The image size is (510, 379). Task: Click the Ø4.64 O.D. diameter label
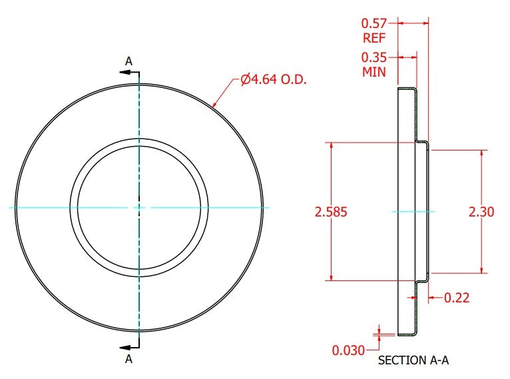tap(274, 79)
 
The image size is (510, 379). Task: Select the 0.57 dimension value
tap(374, 23)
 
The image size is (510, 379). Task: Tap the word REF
tap(374, 38)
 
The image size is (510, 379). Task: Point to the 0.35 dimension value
tap(374, 57)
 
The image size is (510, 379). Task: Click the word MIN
tap(374, 72)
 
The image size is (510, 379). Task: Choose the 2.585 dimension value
tap(331, 212)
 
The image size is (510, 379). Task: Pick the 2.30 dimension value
tap(481, 212)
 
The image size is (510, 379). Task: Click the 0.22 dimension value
tap(457, 298)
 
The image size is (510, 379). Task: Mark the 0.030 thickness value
tap(348, 350)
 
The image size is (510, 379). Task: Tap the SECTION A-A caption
tap(413, 360)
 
